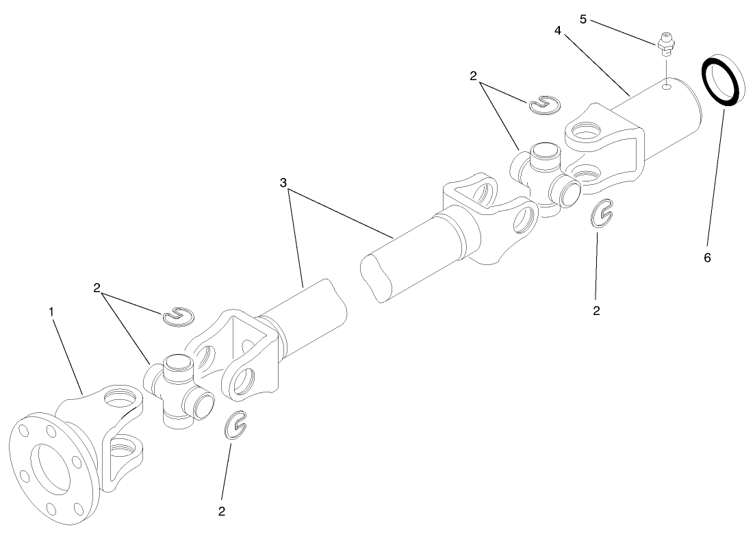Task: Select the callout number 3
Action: pos(283,183)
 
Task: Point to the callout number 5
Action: pos(583,18)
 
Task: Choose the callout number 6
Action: pos(707,257)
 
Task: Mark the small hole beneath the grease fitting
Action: pos(665,87)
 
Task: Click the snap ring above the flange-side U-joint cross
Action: pos(179,316)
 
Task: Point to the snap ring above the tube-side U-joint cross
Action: pos(544,103)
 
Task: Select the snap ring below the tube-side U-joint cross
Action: pos(601,212)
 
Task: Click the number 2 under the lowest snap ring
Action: pos(222,511)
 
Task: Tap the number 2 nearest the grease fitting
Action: pos(473,76)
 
